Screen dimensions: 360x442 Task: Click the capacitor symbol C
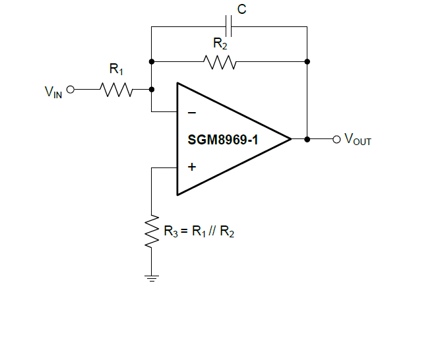pyautogui.click(x=228, y=27)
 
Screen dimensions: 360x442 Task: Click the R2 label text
pyautogui.click(x=220, y=44)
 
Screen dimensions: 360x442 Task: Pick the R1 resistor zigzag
pyautogui.click(x=117, y=89)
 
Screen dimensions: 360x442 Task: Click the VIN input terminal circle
pyautogui.click(x=71, y=89)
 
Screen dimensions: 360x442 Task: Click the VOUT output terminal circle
pyautogui.click(x=336, y=139)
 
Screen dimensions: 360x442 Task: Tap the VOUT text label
pyautogui.click(x=358, y=140)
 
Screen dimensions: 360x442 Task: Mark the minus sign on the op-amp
pyautogui.click(x=191, y=113)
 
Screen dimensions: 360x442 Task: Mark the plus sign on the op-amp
pyautogui.click(x=191, y=167)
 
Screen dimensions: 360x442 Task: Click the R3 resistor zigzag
pyautogui.click(x=152, y=231)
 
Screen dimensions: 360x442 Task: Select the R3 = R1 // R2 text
pyautogui.click(x=199, y=231)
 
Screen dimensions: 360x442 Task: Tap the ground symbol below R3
pyautogui.click(x=152, y=277)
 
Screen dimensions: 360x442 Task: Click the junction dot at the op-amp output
pyautogui.click(x=307, y=139)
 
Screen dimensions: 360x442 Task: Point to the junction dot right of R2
pyautogui.click(x=307, y=62)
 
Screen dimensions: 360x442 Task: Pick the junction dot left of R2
pyautogui.click(x=152, y=62)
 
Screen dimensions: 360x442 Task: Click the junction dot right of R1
pyautogui.click(x=152, y=89)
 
